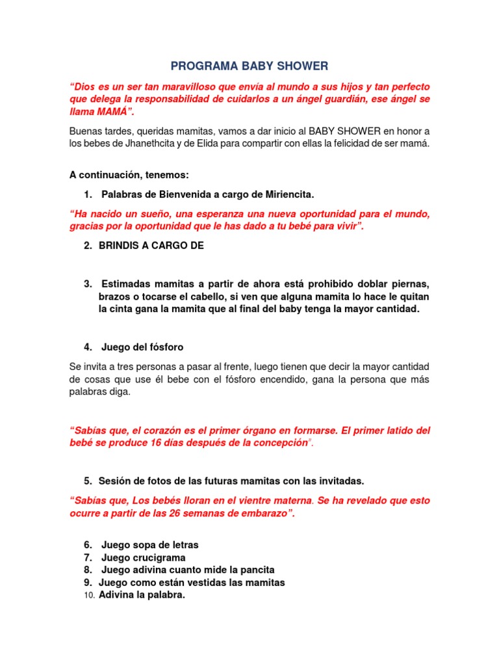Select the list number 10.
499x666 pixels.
[90, 595]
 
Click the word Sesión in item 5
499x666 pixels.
[114, 481]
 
